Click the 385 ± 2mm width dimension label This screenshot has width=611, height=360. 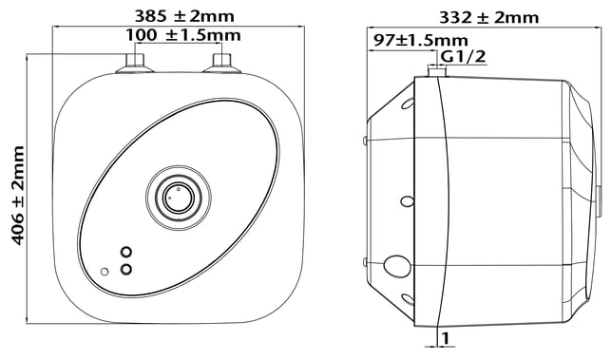pyautogui.click(x=184, y=16)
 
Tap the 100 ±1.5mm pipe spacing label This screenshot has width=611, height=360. pyautogui.click(x=183, y=35)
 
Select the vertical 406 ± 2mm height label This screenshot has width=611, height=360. pyautogui.click(x=17, y=196)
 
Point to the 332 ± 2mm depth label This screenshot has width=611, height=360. pyautogui.click(x=489, y=17)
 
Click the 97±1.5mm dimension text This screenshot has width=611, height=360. pyautogui.click(x=421, y=40)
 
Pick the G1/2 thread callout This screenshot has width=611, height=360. pyautogui.click(x=464, y=57)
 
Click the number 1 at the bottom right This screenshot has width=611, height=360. pyautogui.click(x=446, y=338)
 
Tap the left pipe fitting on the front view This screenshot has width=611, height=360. pyautogui.click(x=135, y=64)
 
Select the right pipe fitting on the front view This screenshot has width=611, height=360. pyautogui.click(x=221, y=64)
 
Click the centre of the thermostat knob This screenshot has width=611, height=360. pyautogui.click(x=179, y=198)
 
